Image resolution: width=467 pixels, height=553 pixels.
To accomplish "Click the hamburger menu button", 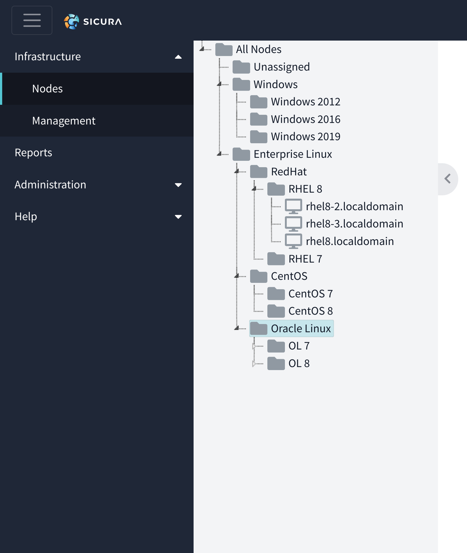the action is point(32,20).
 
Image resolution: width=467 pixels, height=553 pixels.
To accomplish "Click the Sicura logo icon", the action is point(71,22).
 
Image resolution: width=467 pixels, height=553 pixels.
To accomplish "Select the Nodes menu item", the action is point(47,89).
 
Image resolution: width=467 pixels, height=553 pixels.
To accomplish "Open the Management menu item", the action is point(64,121).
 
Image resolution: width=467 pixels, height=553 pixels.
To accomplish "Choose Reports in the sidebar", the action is point(33,153).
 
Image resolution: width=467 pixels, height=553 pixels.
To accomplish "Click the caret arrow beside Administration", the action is point(178,185).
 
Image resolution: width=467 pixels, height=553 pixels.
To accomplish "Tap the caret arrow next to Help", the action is point(178,217).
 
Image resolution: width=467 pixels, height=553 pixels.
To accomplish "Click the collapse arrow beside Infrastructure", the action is point(178,57).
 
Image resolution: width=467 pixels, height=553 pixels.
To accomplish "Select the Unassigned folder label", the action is point(282,67).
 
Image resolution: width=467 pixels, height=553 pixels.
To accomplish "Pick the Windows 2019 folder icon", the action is point(259,137).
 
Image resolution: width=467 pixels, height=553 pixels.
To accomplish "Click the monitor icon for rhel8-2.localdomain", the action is point(293,206).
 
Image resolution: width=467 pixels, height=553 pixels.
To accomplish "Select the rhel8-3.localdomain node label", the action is point(354,224).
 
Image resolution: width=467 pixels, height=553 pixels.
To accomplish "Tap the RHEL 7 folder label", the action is point(305,259).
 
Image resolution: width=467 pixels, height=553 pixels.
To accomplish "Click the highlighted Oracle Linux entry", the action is point(292,328).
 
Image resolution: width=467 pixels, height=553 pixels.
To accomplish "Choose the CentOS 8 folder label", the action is point(311,311).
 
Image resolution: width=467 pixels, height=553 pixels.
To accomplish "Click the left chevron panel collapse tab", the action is point(448,179).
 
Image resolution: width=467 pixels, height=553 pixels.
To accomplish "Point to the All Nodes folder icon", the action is point(224,49).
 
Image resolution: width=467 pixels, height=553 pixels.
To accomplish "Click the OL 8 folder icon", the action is point(276,363).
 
